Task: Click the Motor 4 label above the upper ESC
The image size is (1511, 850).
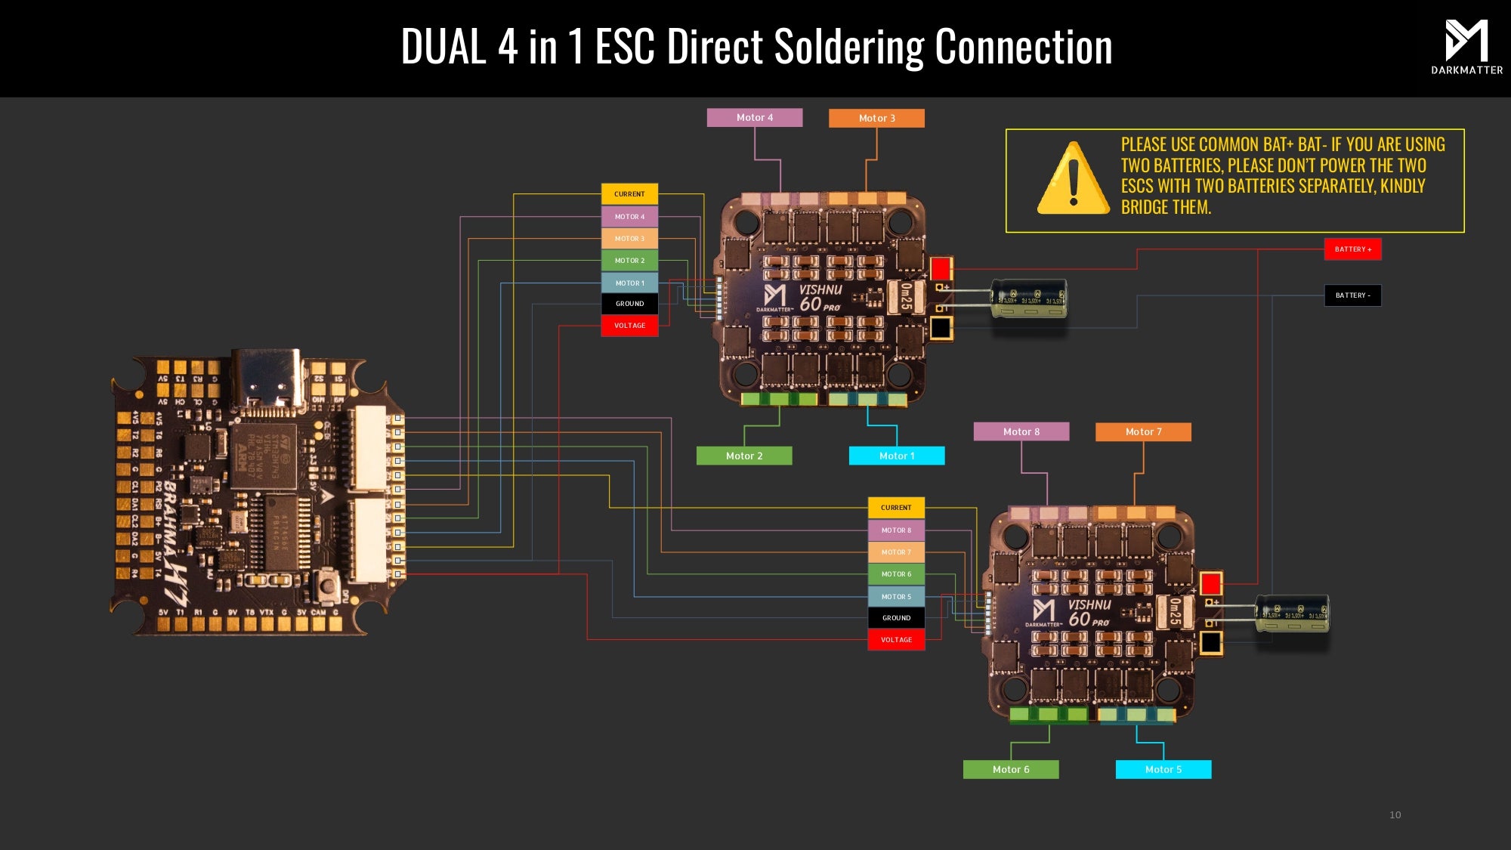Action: point(754,117)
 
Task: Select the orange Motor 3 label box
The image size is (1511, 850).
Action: point(876,118)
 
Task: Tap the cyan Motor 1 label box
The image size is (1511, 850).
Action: point(897,456)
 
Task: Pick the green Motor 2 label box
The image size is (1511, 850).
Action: point(744,456)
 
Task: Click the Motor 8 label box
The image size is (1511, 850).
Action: point(1021,431)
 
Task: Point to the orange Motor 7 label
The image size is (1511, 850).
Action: point(1143,431)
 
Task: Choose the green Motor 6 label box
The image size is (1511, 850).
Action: point(1011,769)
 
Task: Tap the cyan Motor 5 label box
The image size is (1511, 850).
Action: point(1163,769)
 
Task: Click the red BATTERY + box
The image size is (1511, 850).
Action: point(1352,249)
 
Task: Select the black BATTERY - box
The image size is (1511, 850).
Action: point(1352,295)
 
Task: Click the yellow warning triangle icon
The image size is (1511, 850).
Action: point(1073,179)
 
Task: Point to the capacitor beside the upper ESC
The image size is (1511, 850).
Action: point(1029,298)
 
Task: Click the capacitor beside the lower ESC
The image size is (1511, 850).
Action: point(1292,613)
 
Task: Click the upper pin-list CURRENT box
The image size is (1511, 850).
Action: point(629,194)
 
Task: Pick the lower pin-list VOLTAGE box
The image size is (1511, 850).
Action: point(896,640)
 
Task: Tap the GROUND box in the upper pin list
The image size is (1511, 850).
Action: point(629,304)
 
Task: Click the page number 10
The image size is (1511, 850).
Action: point(1395,814)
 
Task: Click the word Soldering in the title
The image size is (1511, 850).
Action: point(849,47)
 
